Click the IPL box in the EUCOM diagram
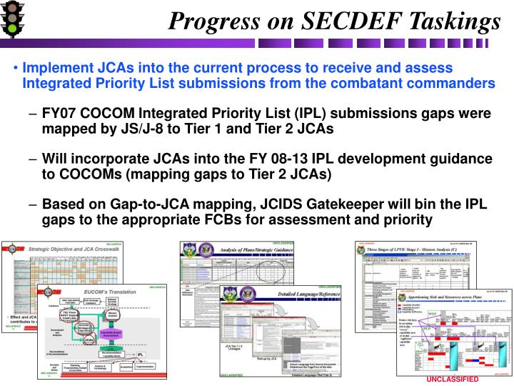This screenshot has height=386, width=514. pos(141,353)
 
